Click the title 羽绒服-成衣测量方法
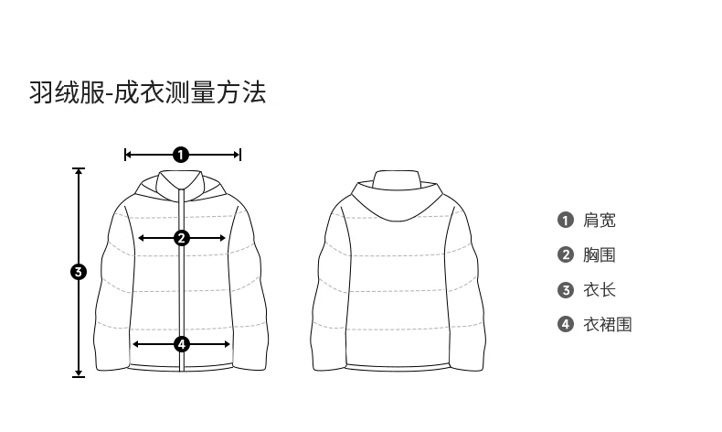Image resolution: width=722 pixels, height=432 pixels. pyautogui.click(x=148, y=92)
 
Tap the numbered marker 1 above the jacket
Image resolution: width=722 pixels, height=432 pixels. pyautogui.click(x=181, y=155)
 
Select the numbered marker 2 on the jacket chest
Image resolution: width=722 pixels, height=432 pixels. pyautogui.click(x=182, y=238)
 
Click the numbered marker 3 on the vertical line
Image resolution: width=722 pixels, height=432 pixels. pyautogui.click(x=79, y=272)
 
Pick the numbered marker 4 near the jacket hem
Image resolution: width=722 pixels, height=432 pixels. pyautogui.click(x=182, y=344)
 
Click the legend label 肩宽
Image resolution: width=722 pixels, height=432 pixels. pyautogui.click(x=599, y=221)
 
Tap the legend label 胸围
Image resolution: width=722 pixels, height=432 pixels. pyautogui.click(x=599, y=255)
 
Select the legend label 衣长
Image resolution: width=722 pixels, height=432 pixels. pyautogui.click(x=599, y=290)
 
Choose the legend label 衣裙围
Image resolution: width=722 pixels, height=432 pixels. pyautogui.click(x=608, y=325)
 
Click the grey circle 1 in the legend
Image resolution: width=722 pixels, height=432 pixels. pyautogui.click(x=566, y=220)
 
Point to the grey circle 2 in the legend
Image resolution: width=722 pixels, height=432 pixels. pyautogui.click(x=566, y=255)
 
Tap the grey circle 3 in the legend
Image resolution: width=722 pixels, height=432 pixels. pyautogui.click(x=566, y=290)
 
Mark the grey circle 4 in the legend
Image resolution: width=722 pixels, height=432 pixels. pyautogui.click(x=566, y=324)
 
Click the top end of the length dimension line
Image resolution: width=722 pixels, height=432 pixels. pyautogui.click(x=79, y=168)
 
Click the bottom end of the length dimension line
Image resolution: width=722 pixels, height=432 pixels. pyautogui.click(x=79, y=376)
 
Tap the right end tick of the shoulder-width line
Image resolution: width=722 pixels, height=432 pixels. pyautogui.click(x=240, y=155)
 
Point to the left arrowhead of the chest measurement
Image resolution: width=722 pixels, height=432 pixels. pyautogui.click(x=141, y=238)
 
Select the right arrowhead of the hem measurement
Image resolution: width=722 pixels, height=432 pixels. pyautogui.click(x=227, y=344)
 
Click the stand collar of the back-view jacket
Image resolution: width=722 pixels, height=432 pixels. pyautogui.click(x=396, y=178)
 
